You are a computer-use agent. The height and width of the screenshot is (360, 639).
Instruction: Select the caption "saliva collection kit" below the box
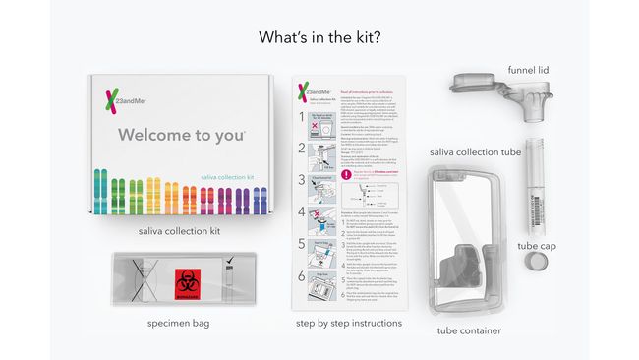[180, 231]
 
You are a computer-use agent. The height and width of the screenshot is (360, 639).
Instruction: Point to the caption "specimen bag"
[179, 323]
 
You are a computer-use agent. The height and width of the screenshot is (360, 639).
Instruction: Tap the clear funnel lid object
[489, 96]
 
